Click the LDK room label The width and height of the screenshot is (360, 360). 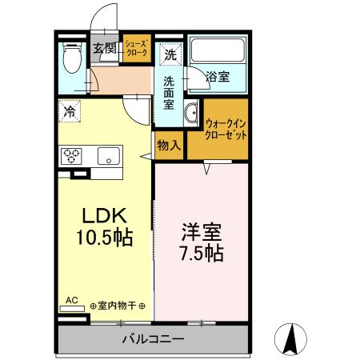tap(105, 217)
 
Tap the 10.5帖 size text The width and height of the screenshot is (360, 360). tap(105, 238)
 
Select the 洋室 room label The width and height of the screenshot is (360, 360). tap(201, 233)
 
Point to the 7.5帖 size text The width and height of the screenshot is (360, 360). tap(201, 254)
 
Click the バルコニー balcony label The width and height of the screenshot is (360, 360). tap(153, 339)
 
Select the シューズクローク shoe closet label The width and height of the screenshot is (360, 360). tap(136, 49)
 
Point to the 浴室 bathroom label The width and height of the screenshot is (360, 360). tap(218, 77)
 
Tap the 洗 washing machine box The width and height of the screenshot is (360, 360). tap(170, 56)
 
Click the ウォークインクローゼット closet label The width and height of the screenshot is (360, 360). tap(226, 129)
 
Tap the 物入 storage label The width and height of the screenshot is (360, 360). tap(169, 146)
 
